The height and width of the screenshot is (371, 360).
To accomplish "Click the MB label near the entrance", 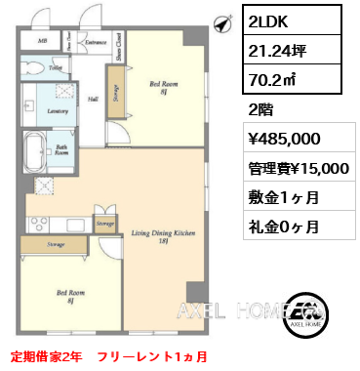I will click(42, 42).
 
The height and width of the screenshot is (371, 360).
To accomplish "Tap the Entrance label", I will click(95, 43).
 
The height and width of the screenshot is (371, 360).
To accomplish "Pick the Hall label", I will click(93, 99).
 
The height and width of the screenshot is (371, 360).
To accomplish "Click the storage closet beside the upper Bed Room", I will click(116, 96).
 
